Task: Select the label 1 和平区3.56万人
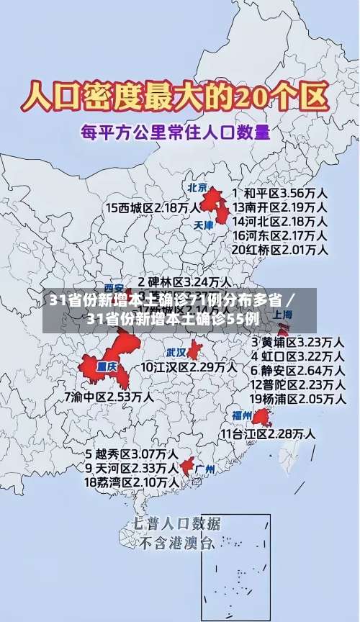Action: [x=279, y=193]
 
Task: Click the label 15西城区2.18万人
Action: [x=153, y=207]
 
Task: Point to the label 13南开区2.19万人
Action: [x=279, y=207]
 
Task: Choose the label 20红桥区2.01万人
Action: [x=279, y=249]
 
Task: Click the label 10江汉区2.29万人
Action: [x=189, y=367]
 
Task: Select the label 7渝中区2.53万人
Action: [x=108, y=396]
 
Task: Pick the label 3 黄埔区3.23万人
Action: [x=297, y=341]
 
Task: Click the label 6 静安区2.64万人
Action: [x=297, y=370]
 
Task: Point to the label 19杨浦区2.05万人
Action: [x=297, y=399]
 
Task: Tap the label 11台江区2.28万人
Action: [x=267, y=433]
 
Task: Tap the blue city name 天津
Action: [x=205, y=225]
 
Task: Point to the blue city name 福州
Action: [x=241, y=415]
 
